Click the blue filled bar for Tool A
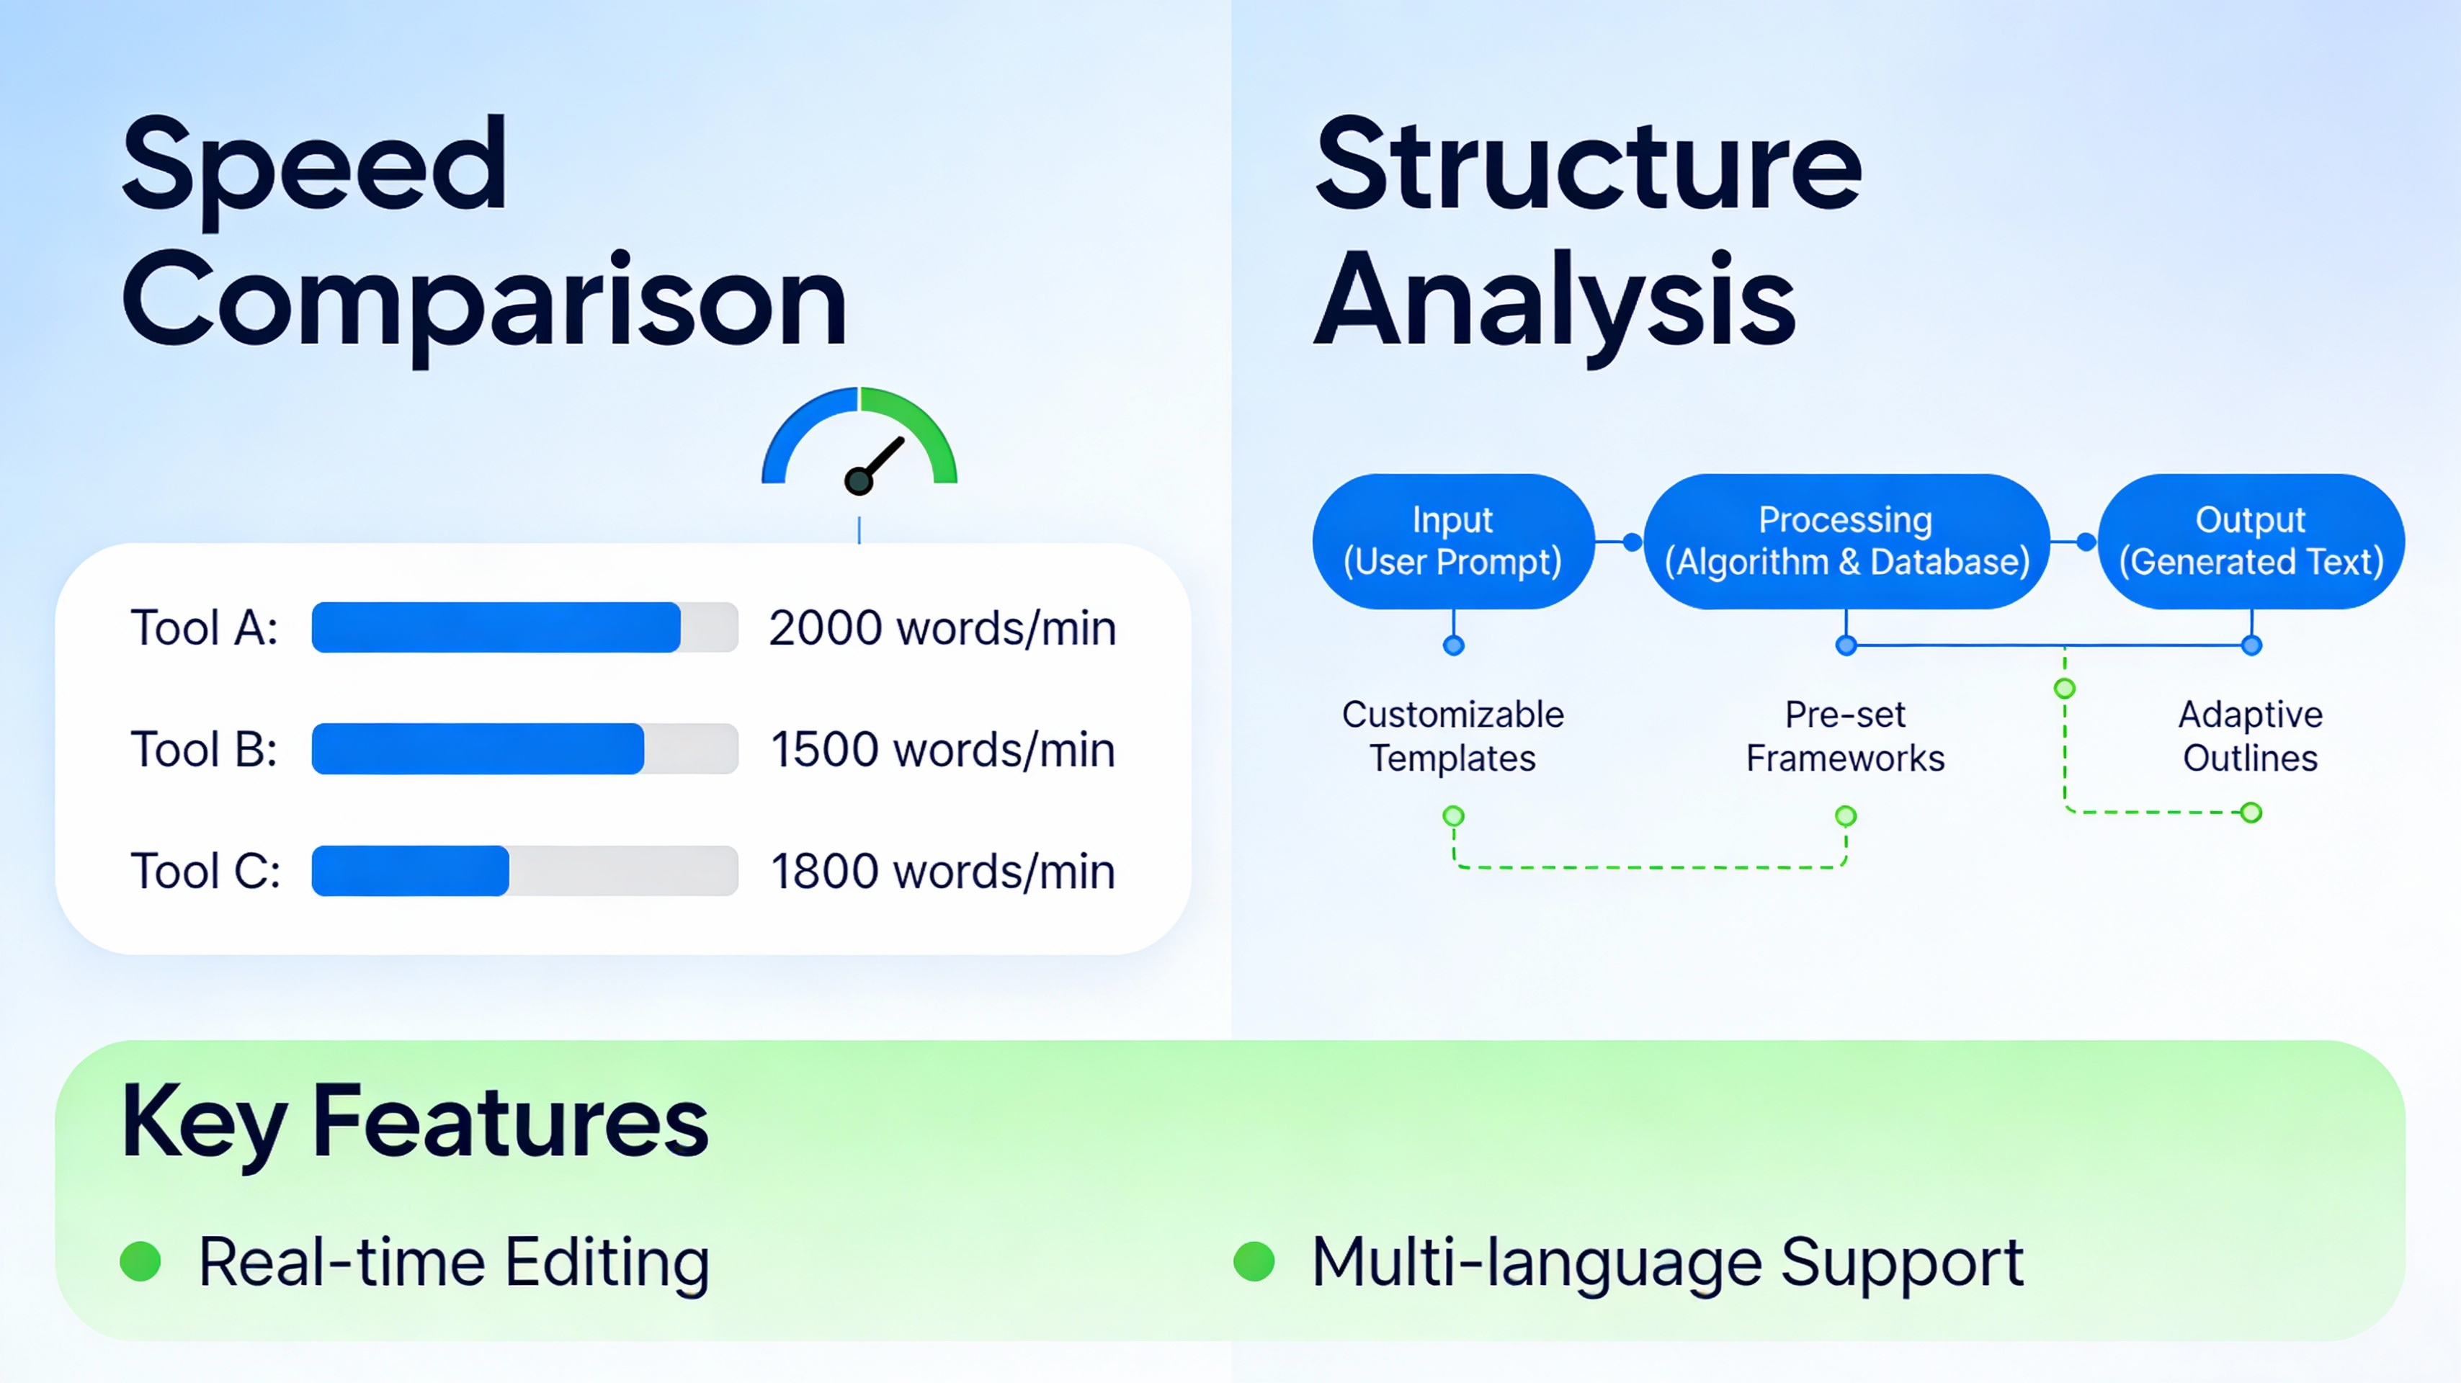[x=495, y=627]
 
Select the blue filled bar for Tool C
[x=410, y=870]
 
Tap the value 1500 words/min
[x=942, y=750]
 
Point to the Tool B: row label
[x=203, y=750]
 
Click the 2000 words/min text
[x=942, y=628]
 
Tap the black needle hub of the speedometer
[x=858, y=481]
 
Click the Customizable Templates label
[x=1452, y=735]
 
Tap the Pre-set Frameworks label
[x=1845, y=735]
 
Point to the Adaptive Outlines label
[x=2250, y=735]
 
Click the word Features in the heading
[x=509, y=1122]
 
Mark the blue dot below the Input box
[x=1453, y=645]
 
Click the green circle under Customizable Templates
[x=1453, y=815]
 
